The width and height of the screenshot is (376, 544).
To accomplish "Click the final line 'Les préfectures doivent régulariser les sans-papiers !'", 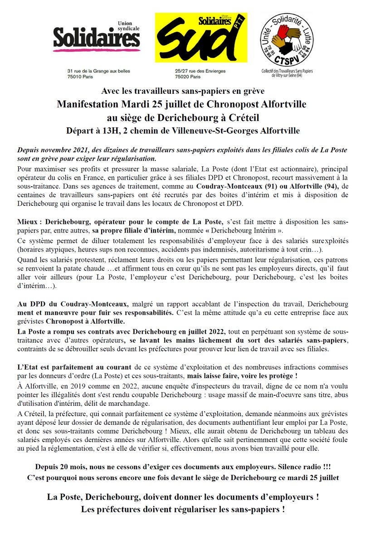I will [x=183, y=509].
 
